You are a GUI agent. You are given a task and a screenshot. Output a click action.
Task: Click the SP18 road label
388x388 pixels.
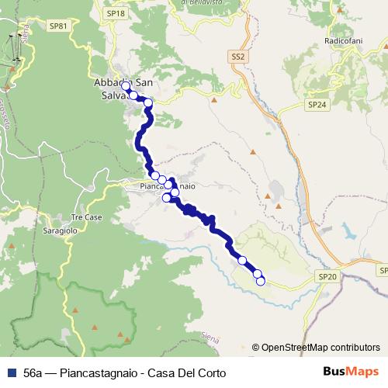116,13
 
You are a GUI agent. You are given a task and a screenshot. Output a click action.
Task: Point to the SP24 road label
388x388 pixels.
315,103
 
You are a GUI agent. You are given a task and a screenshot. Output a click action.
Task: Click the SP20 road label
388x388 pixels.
327,276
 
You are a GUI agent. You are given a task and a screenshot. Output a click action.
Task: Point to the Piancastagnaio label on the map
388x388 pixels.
161,187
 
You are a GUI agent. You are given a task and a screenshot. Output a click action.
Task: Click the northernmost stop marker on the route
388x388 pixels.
126,85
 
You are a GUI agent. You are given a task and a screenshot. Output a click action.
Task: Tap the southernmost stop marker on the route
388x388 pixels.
261,281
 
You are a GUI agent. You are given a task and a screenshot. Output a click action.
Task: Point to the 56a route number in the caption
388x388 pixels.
33,373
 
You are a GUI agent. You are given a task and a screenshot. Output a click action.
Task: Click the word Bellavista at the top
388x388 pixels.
203,3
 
